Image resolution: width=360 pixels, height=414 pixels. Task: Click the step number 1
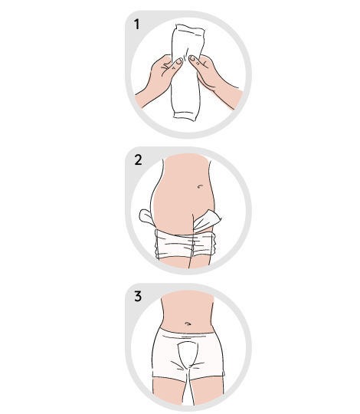[x=136, y=25]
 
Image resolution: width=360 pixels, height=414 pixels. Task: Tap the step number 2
[x=138, y=160]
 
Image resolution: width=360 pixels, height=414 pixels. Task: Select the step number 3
[x=138, y=296]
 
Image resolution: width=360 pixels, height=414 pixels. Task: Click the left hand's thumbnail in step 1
[x=178, y=62]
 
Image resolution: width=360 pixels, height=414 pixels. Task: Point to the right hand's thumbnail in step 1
[x=192, y=58]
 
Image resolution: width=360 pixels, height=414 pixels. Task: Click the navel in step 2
[x=200, y=186]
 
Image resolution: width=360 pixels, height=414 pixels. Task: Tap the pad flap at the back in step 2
[x=146, y=218]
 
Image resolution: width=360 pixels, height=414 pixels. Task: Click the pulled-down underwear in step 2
[x=185, y=245]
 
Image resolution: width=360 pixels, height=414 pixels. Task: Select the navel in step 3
[x=188, y=324]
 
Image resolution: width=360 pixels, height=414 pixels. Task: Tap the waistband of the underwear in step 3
[x=187, y=333]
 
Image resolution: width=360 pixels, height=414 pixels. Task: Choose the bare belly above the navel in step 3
[x=187, y=306]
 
